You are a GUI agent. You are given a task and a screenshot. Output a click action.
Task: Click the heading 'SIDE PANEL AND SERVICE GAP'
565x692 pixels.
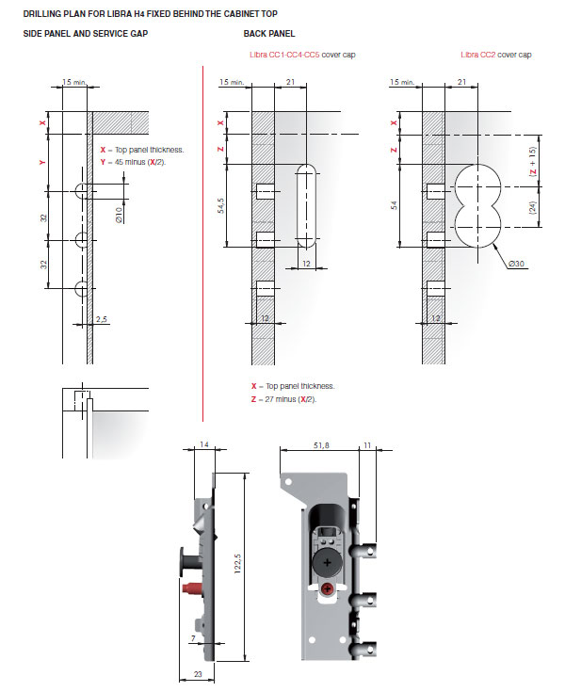(x=85, y=34)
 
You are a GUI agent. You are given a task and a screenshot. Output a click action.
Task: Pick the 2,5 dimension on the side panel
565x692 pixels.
(x=102, y=320)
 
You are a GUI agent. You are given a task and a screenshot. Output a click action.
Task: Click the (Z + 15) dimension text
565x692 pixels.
(x=532, y=163)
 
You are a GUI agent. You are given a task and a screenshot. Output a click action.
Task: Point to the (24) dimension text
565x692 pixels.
(x=532, y=209)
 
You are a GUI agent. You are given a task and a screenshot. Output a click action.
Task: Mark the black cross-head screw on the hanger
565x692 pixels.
(x=327, y=560)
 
